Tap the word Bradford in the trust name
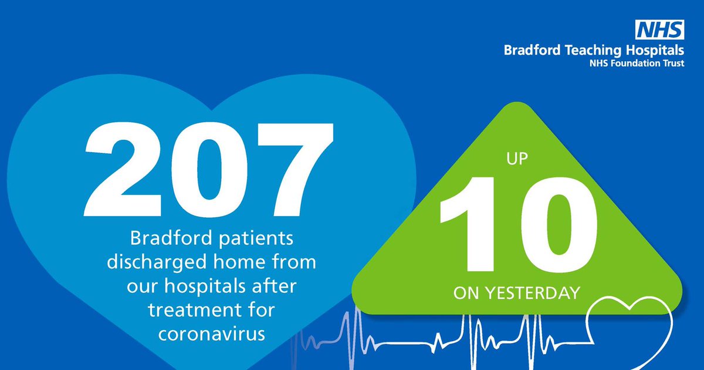528,51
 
